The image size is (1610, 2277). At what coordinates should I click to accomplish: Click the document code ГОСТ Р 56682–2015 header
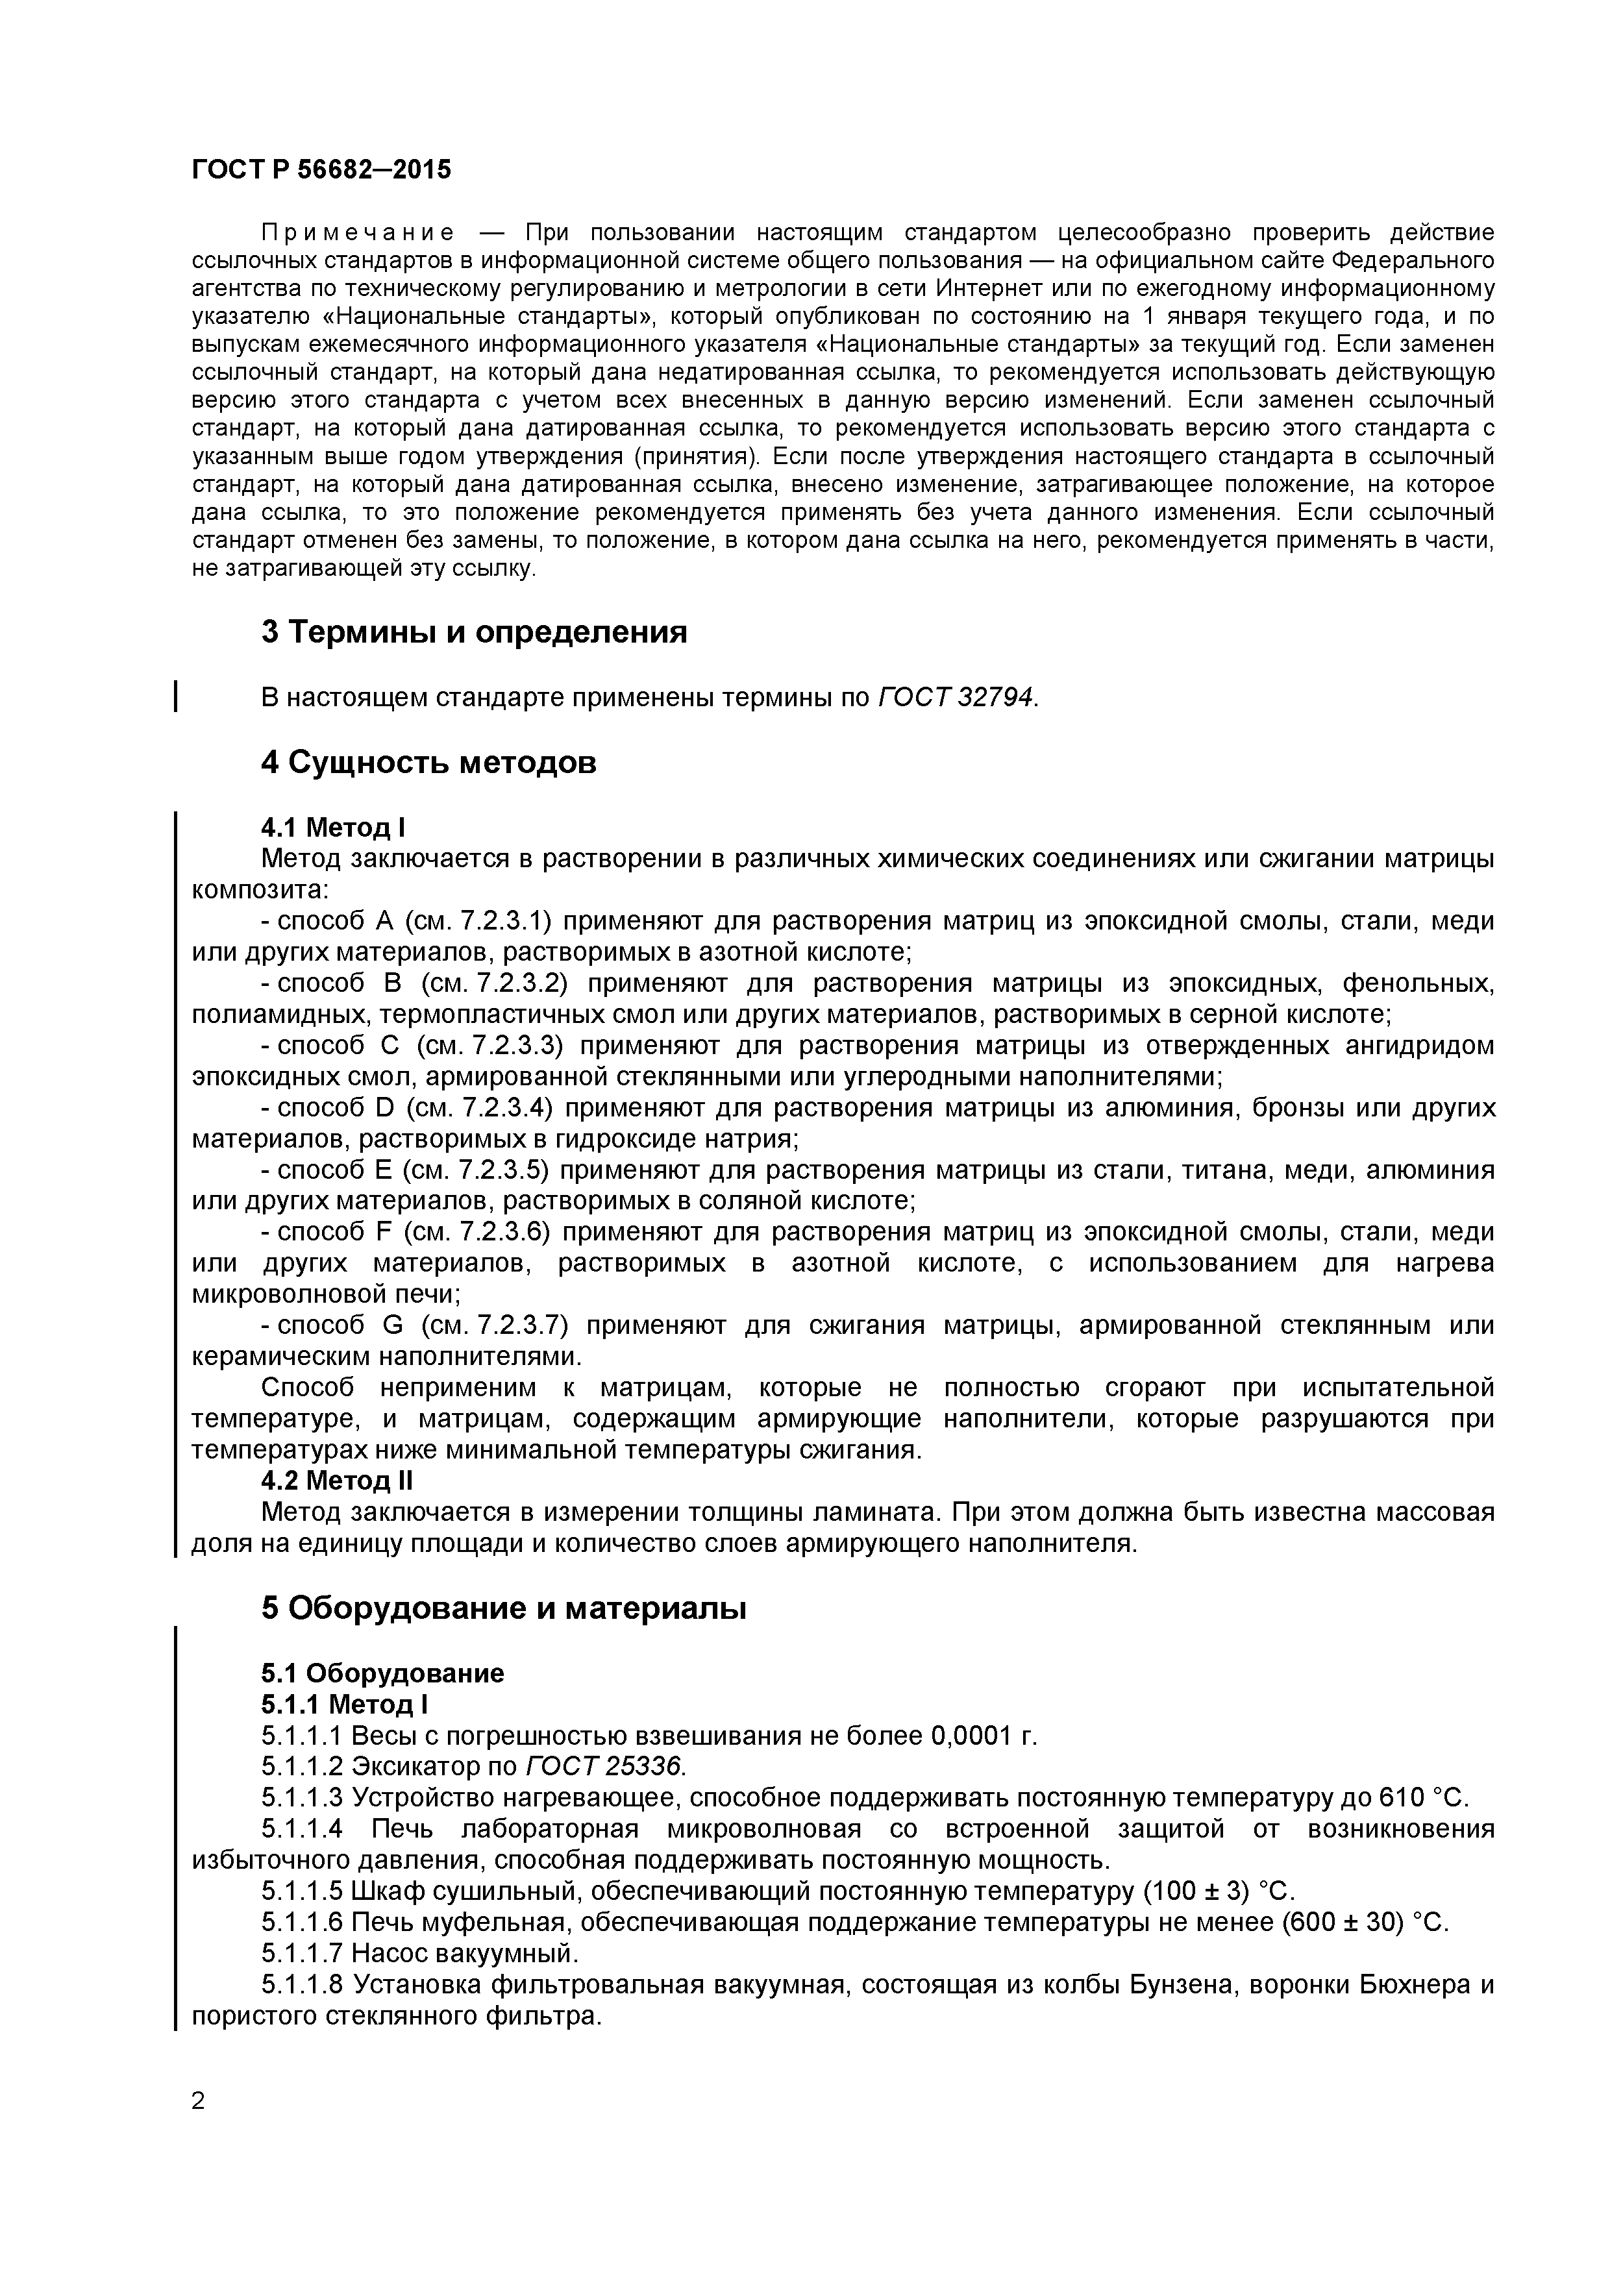[321, 169]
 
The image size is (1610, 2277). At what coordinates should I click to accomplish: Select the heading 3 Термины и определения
[474, 632]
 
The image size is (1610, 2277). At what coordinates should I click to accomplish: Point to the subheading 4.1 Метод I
[333, 827]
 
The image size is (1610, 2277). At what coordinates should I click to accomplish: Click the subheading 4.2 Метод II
[338, 1481]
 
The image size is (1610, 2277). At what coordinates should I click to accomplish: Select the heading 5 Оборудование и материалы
[504, 1608]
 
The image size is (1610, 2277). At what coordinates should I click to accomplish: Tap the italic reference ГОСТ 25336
[604, 1766]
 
